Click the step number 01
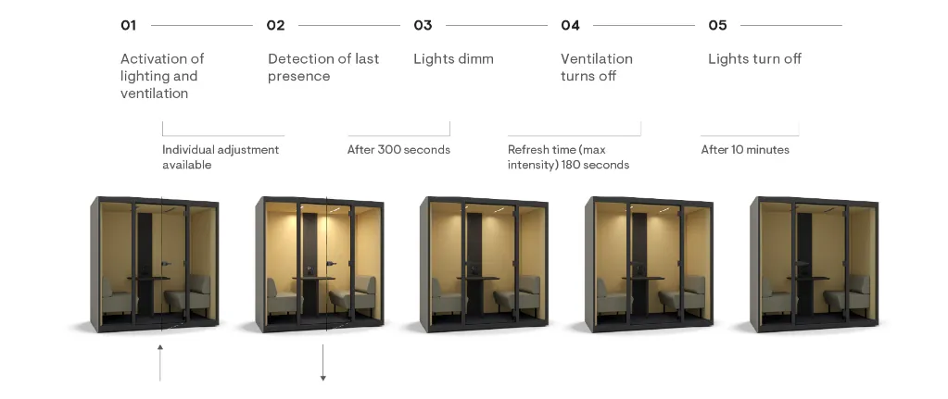[x=128, y=25]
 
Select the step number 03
[x=423, y=25]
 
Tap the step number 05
[x=717, y=25]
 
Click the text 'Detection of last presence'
[x=323, y=67]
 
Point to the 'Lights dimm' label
[x=453, y=58]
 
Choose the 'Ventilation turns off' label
[x=597, y=67]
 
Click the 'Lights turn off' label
[x=754, y=58]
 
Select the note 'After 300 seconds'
[x=398, y=150]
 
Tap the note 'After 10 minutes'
[x=745, y=150]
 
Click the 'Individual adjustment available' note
[x=221, y=157]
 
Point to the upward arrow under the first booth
[x=160, y=363]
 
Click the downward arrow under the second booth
[x=323, y=363]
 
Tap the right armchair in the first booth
[x=189, y=296]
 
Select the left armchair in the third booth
[x=447, y=297]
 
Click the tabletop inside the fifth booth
[x=808, y=278]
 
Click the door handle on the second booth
[x=332, y=263]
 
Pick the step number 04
[x=570, y=25]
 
